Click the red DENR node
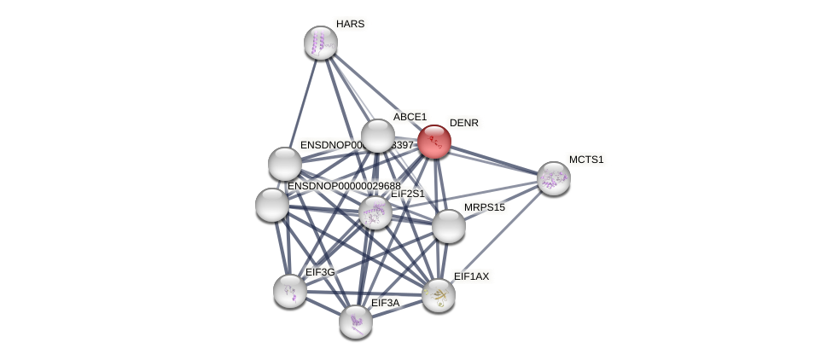433,142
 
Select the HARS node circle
321,43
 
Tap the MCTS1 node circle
553,178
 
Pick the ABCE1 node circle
377,136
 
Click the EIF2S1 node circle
375,212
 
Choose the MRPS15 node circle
449,226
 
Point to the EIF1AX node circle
439,295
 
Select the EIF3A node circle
356,322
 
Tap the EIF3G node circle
290,291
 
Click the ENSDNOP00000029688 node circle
272,205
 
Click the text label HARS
350,24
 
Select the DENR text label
464,123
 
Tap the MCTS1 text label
586,160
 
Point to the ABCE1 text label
410,117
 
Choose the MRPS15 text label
485,207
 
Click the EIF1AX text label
471,276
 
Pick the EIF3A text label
385,303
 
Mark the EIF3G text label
320,272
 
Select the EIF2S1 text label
407,194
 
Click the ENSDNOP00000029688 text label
344,186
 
